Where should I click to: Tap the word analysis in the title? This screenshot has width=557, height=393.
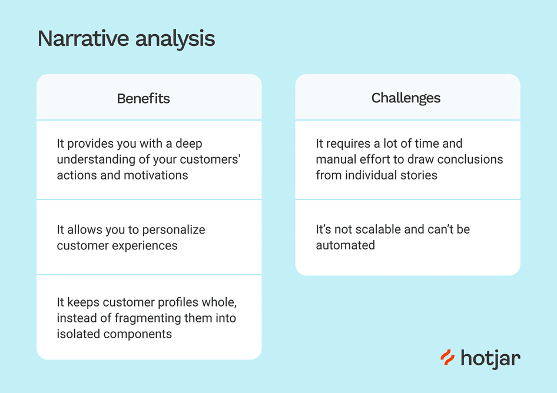tap(175, 39)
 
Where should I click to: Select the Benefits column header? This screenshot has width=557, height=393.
tap(143, 98)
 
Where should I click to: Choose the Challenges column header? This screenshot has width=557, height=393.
tap(406, 98)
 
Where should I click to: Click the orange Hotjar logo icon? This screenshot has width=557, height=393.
tap(447, 357)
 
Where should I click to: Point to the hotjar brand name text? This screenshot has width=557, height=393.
tap(490, 358)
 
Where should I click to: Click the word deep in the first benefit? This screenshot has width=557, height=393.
tap(190, 144)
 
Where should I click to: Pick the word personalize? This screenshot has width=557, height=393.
tap(174, 229)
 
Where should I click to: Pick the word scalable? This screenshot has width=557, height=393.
tap(377, 229)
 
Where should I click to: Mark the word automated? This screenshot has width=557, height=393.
tap(345, 245)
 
